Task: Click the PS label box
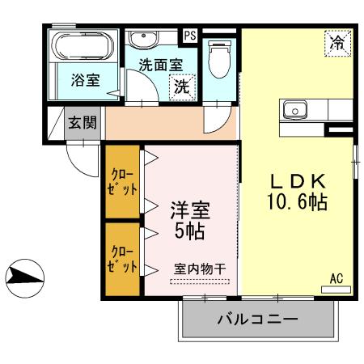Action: coord(190,36)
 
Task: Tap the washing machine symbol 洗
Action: coord(180,87)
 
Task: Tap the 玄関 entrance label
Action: coord(82,123)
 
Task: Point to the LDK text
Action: coord(296,179)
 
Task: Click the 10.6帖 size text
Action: coord(296,202)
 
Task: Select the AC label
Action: coord(336,279)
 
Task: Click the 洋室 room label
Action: coord(190,212)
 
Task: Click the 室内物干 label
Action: coord(199,269)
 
